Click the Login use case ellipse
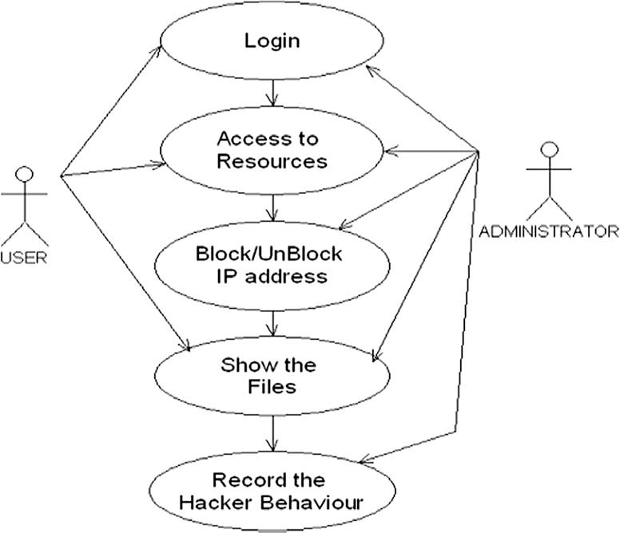pos(272,40)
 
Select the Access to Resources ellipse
pos(272,150)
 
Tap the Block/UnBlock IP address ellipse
pos(272,266)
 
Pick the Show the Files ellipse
pos(272,377)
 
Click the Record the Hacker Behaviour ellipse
pos(272,492)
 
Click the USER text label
pos(24,257)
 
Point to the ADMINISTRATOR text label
pos(547,232)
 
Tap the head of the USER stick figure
pos(26,173)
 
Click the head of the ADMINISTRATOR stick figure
pos(548,149)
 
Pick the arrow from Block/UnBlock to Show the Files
pos(275,322)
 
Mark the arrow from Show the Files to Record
pos(275,436)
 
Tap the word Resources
pos(272,161)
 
